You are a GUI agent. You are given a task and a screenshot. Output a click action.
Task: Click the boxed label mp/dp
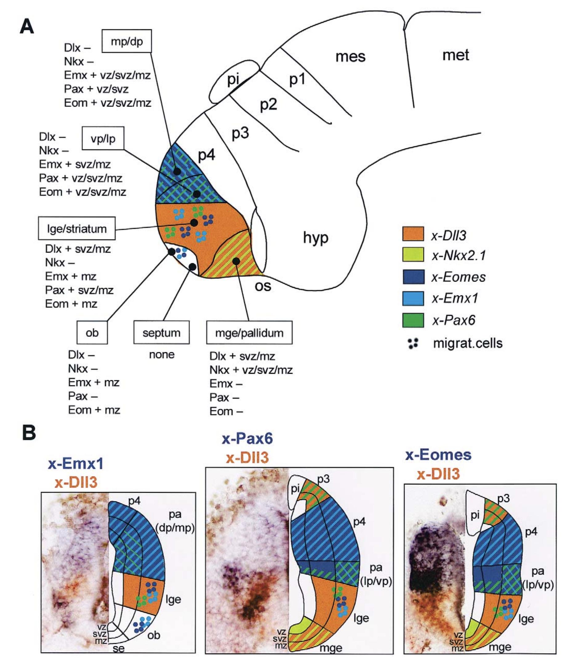click(126, 41)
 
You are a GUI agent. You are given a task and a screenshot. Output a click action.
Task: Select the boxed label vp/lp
click(103, 138)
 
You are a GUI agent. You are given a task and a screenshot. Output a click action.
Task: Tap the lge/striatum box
click(77, 229)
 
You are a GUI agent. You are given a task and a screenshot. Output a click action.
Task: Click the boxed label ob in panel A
click(92, 333)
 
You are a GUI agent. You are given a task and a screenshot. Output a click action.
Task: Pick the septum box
click(161, 333)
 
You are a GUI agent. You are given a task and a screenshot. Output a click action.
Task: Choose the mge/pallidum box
click(249, 333)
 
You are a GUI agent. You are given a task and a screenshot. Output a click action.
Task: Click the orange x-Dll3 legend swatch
click(413, 234)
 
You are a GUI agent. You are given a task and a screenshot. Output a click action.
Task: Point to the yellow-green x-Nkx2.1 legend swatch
click(413, 255)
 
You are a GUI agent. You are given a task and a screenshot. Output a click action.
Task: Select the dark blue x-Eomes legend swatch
click(413, 277)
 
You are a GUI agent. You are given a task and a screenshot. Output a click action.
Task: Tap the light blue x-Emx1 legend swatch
click(413, 298)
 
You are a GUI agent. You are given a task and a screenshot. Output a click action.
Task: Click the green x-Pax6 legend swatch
click(413, 320)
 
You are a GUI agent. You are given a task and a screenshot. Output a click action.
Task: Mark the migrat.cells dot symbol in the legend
click(413, 343)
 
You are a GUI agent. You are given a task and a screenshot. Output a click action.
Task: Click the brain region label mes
click(350, 57)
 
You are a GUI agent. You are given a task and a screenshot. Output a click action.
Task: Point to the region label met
click(455, 55)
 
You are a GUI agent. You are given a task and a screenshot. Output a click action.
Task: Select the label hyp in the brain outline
click(315, 237)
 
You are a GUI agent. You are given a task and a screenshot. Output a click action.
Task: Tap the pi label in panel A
click(233, 79)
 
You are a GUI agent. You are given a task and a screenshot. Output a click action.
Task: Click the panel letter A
click(27, 26)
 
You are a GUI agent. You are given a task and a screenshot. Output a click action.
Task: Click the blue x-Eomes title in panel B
click(438, 455)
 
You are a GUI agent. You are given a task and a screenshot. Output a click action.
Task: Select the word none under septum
click(162, 354)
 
